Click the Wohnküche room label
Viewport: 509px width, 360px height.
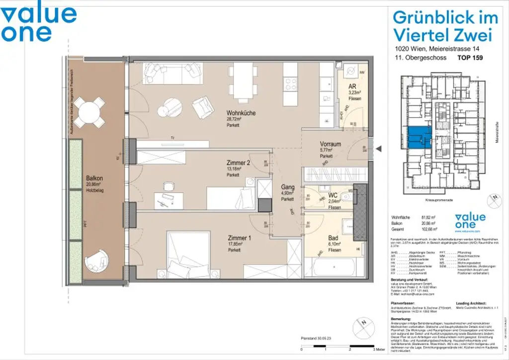[x=241, y=113]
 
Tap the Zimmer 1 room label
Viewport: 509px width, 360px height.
[x=239, y=238]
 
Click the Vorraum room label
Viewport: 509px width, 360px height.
[x=330, y=144]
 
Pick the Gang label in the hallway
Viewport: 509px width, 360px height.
[x=287, y=187]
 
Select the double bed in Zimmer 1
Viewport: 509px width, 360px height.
[x=192, y=253]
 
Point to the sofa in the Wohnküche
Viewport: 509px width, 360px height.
[x=171, y=74]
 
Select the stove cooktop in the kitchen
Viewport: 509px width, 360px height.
[x=290, y=82]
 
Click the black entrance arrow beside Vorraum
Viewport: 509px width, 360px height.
[x=378, y=148]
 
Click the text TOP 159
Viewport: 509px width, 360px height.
[x=470, y=58]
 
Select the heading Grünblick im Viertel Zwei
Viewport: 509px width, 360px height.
[x=445, y=26]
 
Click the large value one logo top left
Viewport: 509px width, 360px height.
[x=38, y=23]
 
